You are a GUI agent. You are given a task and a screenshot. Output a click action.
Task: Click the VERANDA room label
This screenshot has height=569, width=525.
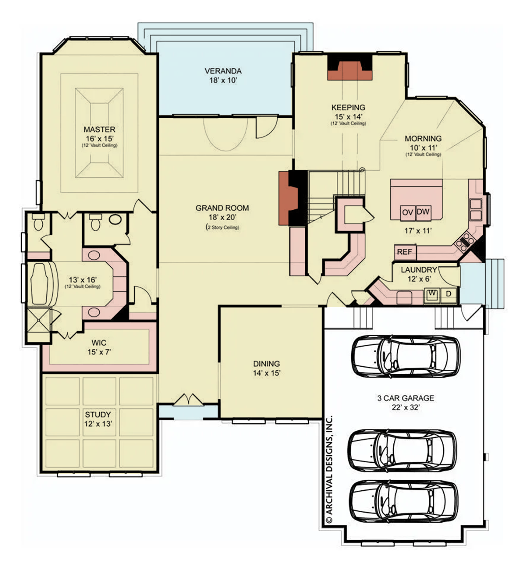pos(223,71)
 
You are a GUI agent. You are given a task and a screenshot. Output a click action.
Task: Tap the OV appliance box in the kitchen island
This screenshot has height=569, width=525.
pos(408,212)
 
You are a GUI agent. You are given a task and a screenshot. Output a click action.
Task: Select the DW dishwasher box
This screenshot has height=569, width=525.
pos(423,212)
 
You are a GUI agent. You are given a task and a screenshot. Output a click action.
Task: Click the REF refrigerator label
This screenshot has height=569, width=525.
pos(404,252)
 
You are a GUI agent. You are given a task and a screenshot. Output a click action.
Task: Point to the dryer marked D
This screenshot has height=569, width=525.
pos(448,293)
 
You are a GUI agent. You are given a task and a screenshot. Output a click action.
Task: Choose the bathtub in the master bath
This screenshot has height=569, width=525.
pos(41,283)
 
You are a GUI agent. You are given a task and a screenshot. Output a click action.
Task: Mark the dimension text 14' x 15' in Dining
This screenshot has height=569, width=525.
pos(267,373)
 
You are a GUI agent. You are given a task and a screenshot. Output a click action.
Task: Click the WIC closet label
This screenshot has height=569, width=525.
pos(99,343)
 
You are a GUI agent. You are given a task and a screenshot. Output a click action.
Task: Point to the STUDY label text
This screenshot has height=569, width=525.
pos(98,414)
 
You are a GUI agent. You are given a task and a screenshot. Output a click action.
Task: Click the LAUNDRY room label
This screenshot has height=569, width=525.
pos(418,270)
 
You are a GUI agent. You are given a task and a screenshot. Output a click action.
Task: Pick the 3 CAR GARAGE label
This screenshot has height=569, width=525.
pos(405,398)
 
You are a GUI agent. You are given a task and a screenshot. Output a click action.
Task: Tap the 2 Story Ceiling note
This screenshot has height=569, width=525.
pos(222,228)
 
